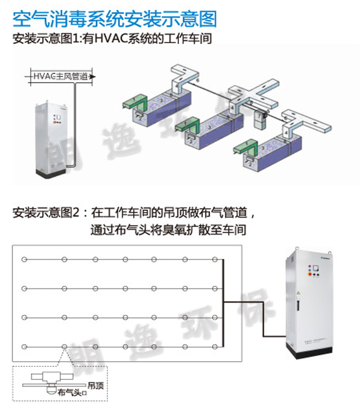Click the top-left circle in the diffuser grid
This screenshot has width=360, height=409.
[23, 259]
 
